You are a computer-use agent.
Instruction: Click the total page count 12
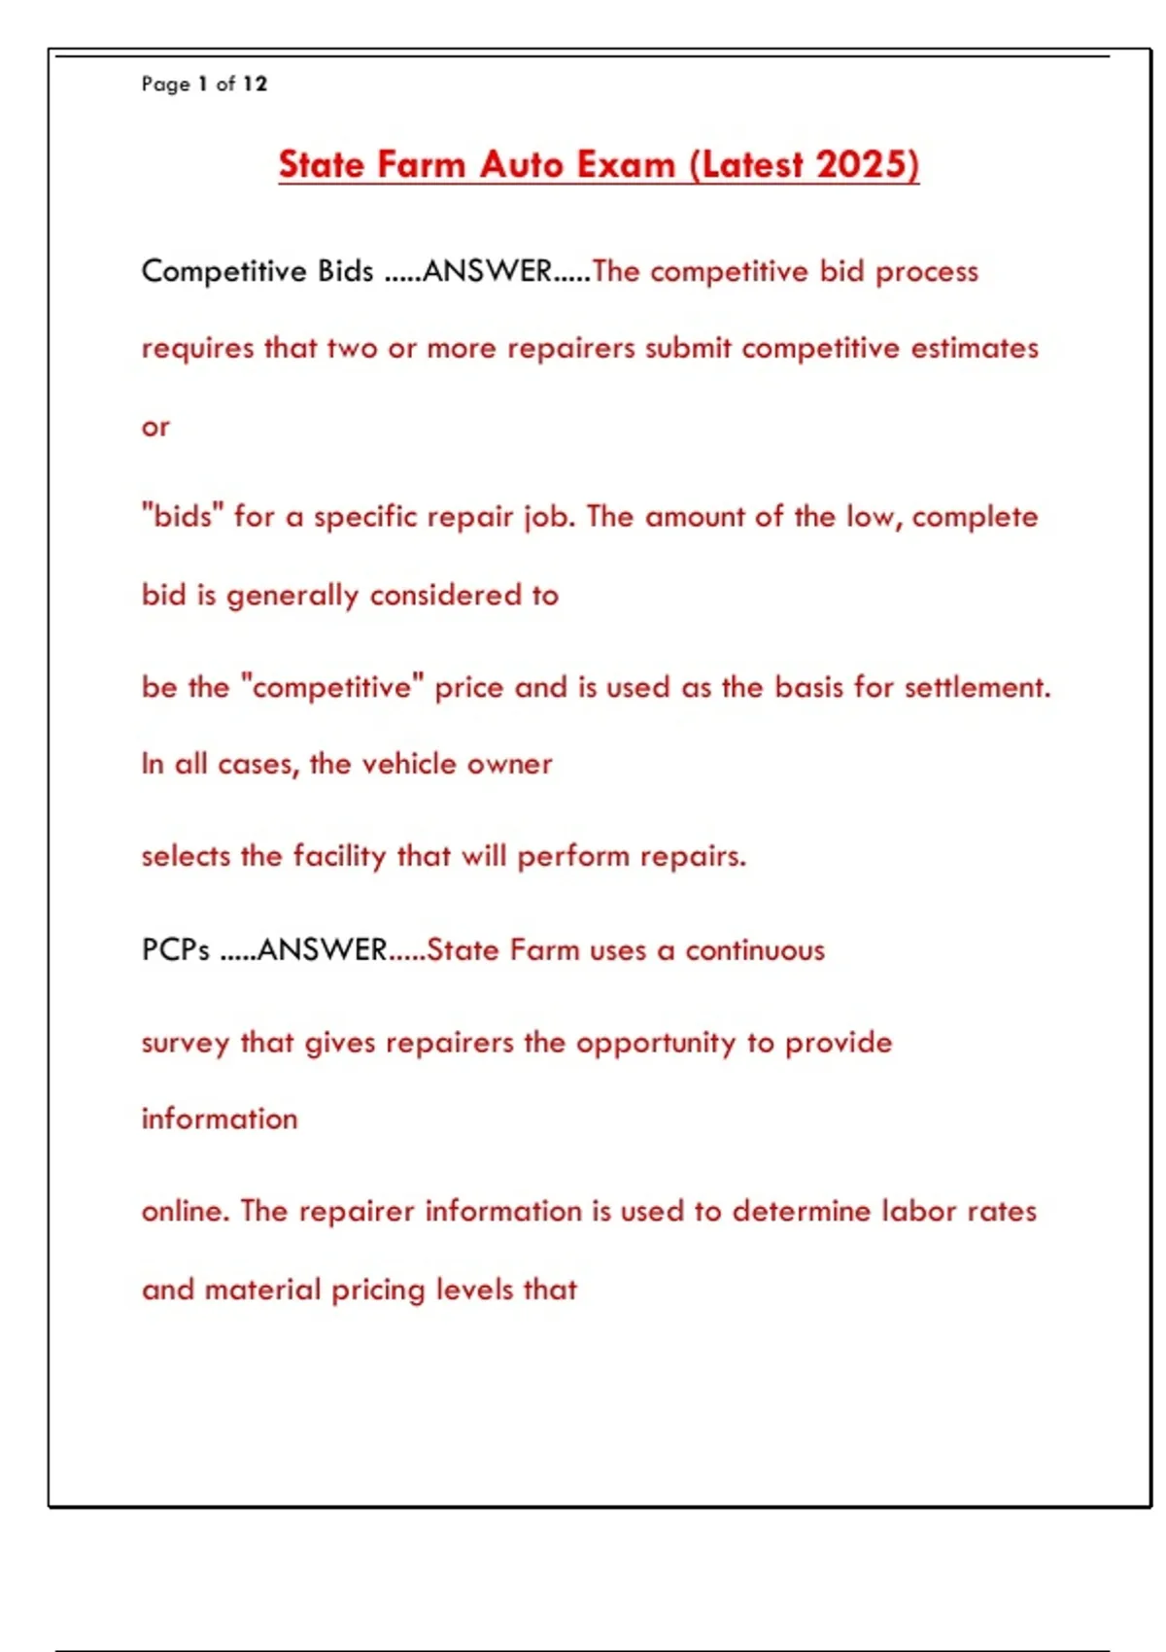255,84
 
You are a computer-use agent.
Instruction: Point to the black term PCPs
175,949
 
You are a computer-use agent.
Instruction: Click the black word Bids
345,270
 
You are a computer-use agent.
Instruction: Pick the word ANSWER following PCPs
323,949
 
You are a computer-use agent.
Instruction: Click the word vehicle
408,764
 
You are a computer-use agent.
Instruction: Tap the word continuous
755,949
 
